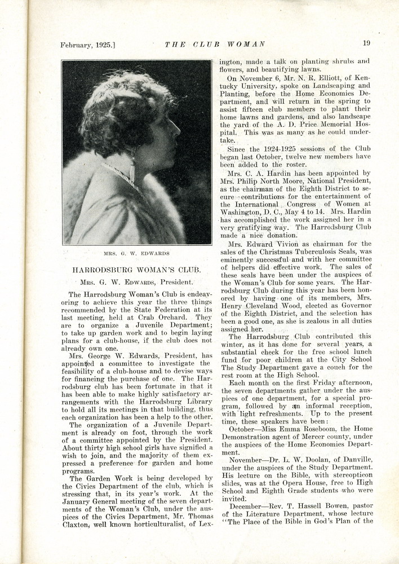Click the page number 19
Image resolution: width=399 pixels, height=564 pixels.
tap(366, 43)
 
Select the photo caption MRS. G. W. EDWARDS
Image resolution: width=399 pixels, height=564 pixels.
tap(137, 253)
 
